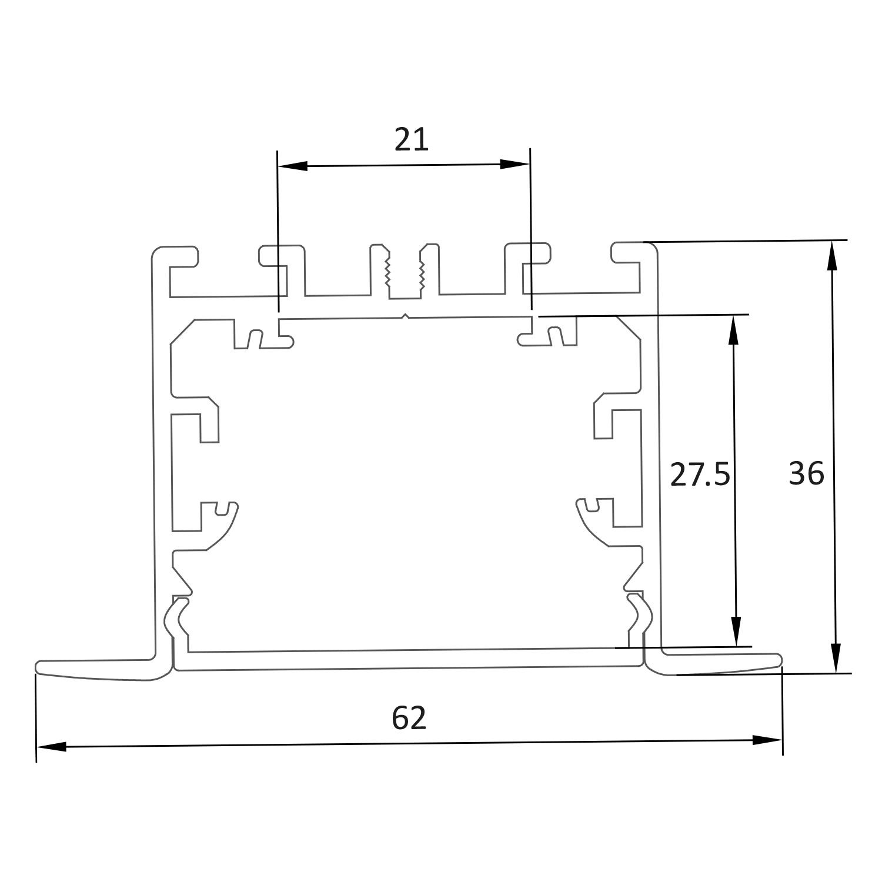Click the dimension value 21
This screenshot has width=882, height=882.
click(x=411, y=140)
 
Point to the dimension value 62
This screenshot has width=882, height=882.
click(x=409, y=718)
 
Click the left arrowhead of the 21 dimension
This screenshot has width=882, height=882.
click(x=293, y=166)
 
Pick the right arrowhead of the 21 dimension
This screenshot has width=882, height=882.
click(x=515, y=164)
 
